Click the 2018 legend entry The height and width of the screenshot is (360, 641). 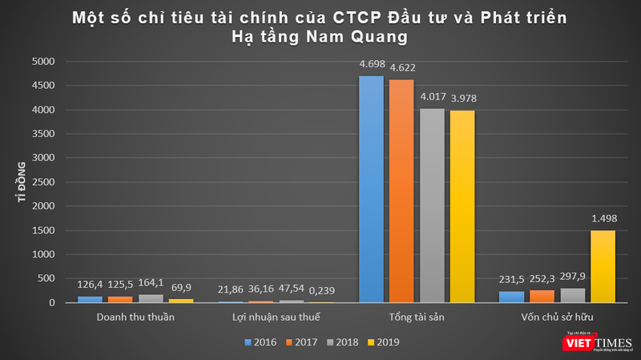[341, 342]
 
